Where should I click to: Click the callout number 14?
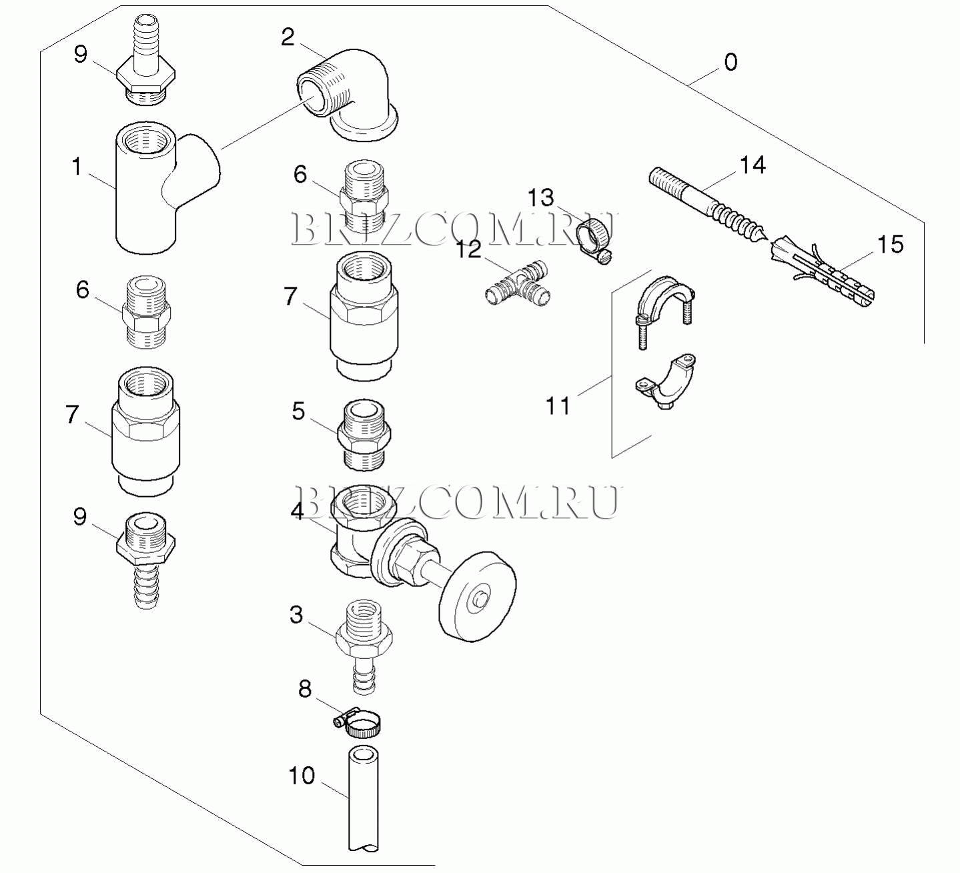tap(753, 165)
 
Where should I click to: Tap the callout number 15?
tap(890, 244)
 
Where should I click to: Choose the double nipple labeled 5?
tap(363, 433)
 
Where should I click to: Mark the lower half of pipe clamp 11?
tap(667, 382)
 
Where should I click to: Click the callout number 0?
tap(731, 63)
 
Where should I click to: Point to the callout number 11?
tap(558, 405)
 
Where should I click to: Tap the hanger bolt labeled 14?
tap(707, 203)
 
